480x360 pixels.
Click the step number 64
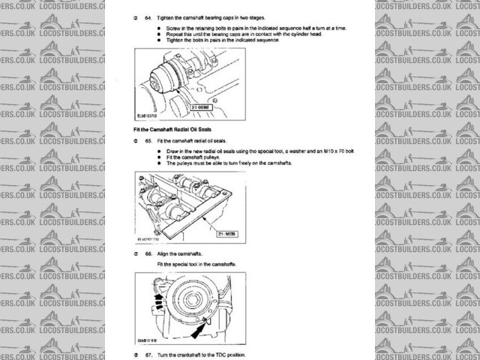coord(138,16)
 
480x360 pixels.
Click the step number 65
coord(138,141)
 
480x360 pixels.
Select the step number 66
coord(138,255)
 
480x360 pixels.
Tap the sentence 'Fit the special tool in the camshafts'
coord(199,265)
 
